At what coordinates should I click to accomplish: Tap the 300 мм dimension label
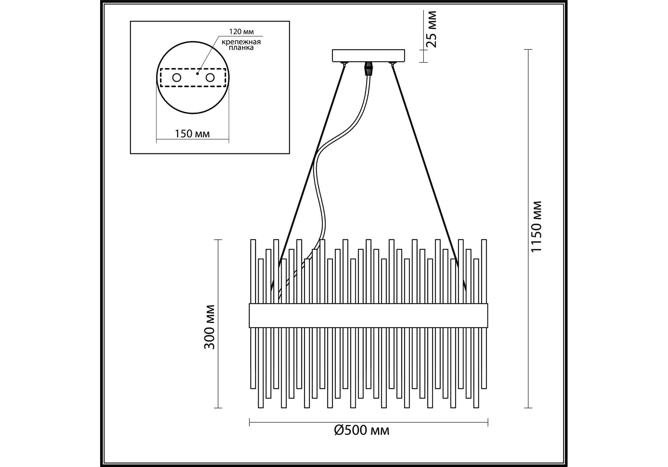pos(209,327)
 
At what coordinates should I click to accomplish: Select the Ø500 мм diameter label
pos(362,431)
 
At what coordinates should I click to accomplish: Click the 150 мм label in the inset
pos(192,134)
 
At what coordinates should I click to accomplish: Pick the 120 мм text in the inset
pos(241,32)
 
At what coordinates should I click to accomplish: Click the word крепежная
pos(241,42)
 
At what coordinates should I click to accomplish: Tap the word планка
pos(241,48)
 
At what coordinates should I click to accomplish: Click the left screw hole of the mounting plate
pos(177,78)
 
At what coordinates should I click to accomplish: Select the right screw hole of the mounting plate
pos(210,78)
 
